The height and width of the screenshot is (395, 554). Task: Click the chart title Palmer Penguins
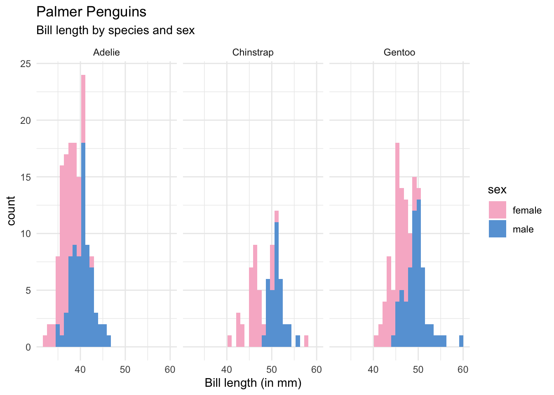91,12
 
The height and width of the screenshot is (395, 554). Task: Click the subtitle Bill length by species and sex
115,30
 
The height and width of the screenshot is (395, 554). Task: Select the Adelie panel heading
106,53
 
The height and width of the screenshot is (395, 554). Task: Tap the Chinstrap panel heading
253,53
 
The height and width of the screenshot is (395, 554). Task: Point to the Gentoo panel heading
399,53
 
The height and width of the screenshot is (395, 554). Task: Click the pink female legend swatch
497,210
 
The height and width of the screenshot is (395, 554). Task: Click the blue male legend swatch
497,229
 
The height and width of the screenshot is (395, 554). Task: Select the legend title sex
497,190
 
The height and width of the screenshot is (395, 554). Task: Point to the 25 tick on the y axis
26,64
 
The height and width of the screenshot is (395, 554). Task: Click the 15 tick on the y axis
26,177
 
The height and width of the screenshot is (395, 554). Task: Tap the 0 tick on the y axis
28,347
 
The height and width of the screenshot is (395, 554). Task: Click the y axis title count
11,211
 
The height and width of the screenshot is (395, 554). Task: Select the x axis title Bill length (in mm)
253,383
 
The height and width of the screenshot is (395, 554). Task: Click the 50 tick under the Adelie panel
125,370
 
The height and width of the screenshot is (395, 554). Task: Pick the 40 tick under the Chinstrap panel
227,370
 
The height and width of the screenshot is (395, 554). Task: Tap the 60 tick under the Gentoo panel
463,370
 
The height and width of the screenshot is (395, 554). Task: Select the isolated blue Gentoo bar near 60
461,342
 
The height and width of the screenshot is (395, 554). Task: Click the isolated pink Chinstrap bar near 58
306,342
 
